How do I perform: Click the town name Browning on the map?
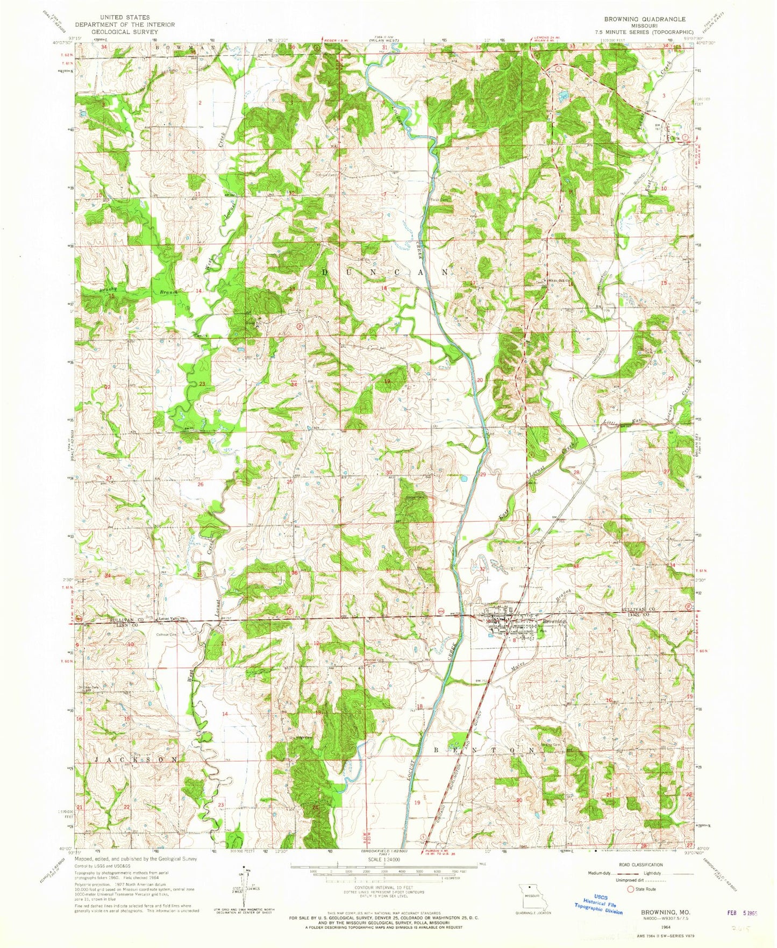(x=554, y=622)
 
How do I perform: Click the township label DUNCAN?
(x=385, y=273)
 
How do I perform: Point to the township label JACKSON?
(x=136, y=759)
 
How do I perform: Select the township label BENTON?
(x=484, y=749)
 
